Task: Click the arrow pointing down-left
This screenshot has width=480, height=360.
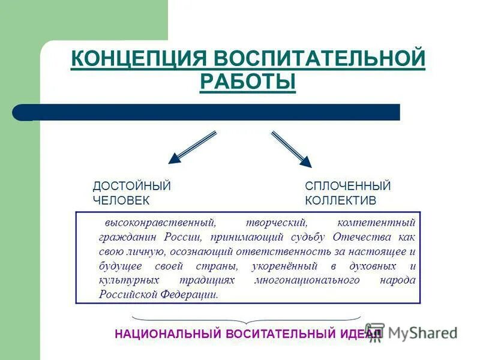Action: coord(191,148)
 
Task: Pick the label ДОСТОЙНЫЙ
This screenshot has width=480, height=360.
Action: coord(131,186)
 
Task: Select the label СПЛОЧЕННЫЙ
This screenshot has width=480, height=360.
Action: coord(347,186)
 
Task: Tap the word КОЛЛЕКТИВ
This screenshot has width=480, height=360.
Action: coord(340,200)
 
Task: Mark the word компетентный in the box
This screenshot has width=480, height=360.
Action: coord(376,223)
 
